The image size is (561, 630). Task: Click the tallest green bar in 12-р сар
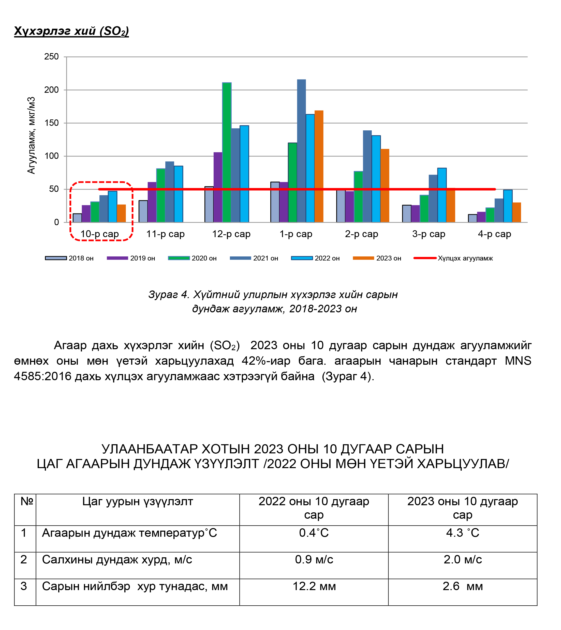(x=227, y=152)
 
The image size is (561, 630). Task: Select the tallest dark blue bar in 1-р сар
(x=301, y=151)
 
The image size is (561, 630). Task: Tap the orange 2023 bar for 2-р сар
(x=385, y=186)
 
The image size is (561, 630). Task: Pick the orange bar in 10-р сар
(x=121, y=213)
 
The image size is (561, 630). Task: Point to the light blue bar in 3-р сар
(x=442, y=195)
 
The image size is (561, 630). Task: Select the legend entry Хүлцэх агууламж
(x=453, y=258)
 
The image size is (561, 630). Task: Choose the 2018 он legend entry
(x=69, y=258)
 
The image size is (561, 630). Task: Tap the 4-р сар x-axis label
(x=494, y=234)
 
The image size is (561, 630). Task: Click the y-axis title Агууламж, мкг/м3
(x=32, y=136)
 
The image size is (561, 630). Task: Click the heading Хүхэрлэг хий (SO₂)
(x=71, y=31)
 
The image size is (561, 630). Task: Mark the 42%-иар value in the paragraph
(x=266, y=361)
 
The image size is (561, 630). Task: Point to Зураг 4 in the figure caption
(x=168, y=295)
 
